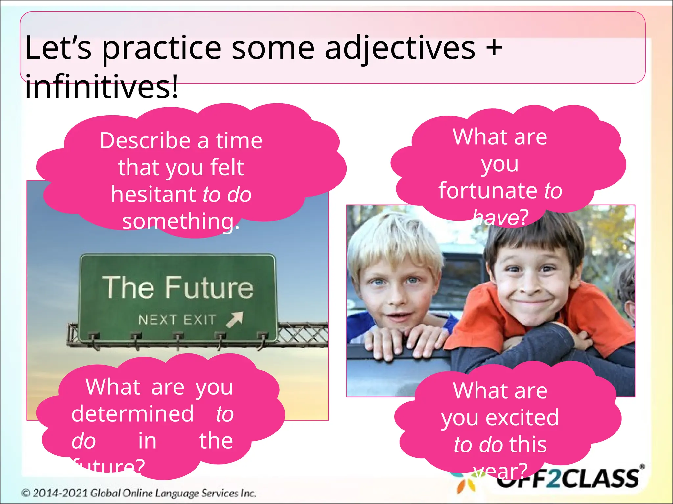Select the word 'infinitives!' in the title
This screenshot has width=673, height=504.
(x=102, y=87)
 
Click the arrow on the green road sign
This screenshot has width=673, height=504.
(x=235, y=319)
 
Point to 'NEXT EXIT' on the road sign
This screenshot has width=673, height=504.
(x=177, y=320)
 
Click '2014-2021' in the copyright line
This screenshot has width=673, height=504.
(x=60, y=493)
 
